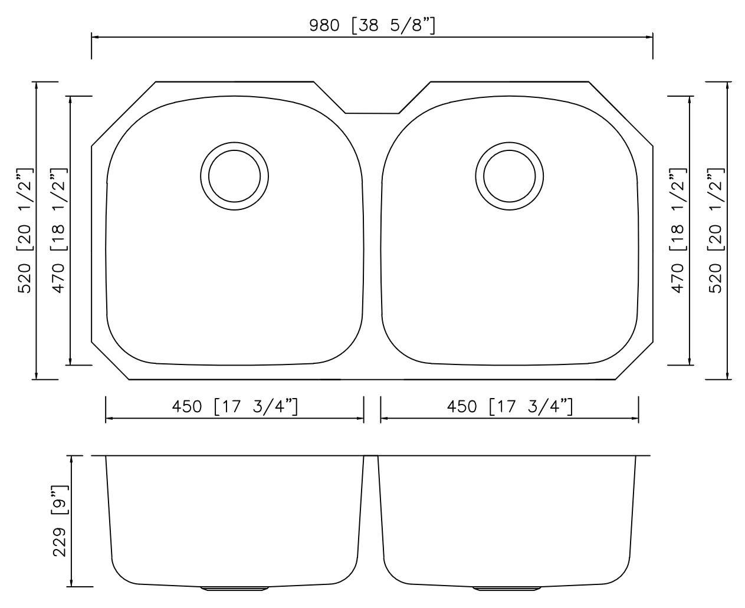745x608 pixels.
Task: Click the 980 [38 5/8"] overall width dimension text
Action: [x=372, y=25]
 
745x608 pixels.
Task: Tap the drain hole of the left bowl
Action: [x=234, y=176]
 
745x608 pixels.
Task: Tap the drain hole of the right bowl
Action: [x=510, y=176]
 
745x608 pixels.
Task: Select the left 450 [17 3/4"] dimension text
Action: [x=234, y=407]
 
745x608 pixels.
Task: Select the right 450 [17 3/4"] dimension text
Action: [x=510, y=407]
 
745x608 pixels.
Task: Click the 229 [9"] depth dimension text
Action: [x=60, y=521]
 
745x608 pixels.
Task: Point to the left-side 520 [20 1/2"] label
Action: [x=25, y=230]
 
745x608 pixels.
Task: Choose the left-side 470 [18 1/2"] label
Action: [x=59, y=230]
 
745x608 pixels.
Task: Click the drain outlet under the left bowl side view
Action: [x=234, y=589]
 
